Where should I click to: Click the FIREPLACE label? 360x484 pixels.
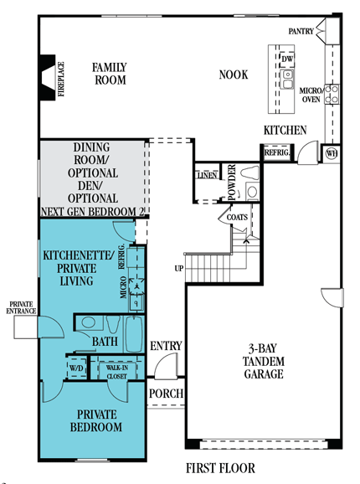[x=61, y=79]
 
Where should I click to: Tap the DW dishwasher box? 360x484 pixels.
[x=287, y=59]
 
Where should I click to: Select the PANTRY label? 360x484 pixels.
[x=301, y=31]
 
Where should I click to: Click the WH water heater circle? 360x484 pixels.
[x=332, y=153]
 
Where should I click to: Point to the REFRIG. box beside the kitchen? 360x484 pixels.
[x=277, y=152]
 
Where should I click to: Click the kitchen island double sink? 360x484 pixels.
[x=287, y=79]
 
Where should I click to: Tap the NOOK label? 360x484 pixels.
[x=234, y=75]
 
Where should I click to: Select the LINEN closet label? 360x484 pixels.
[x=207, y=175]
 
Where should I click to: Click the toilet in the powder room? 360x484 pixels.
[x=249, y=172]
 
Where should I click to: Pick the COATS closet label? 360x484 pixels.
[x=237, y=218]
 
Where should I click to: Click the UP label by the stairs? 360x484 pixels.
[x=179, y=269]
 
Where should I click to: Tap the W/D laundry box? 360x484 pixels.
[x=76, y=368]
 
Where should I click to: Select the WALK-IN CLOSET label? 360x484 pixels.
[x=117, y=372]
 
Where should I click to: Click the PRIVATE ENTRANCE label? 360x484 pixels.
[x=21, y=308]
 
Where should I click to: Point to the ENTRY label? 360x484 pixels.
[x=166, y=346]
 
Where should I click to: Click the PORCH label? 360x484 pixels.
[x=166, y=394]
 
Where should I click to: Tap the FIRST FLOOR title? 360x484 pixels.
[x=220, y=468]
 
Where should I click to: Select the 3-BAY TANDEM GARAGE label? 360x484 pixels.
[x=264, y=361]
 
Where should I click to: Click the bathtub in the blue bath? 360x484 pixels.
[x=134, y=334]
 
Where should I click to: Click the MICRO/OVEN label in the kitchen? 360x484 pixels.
[x=311, y=95]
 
